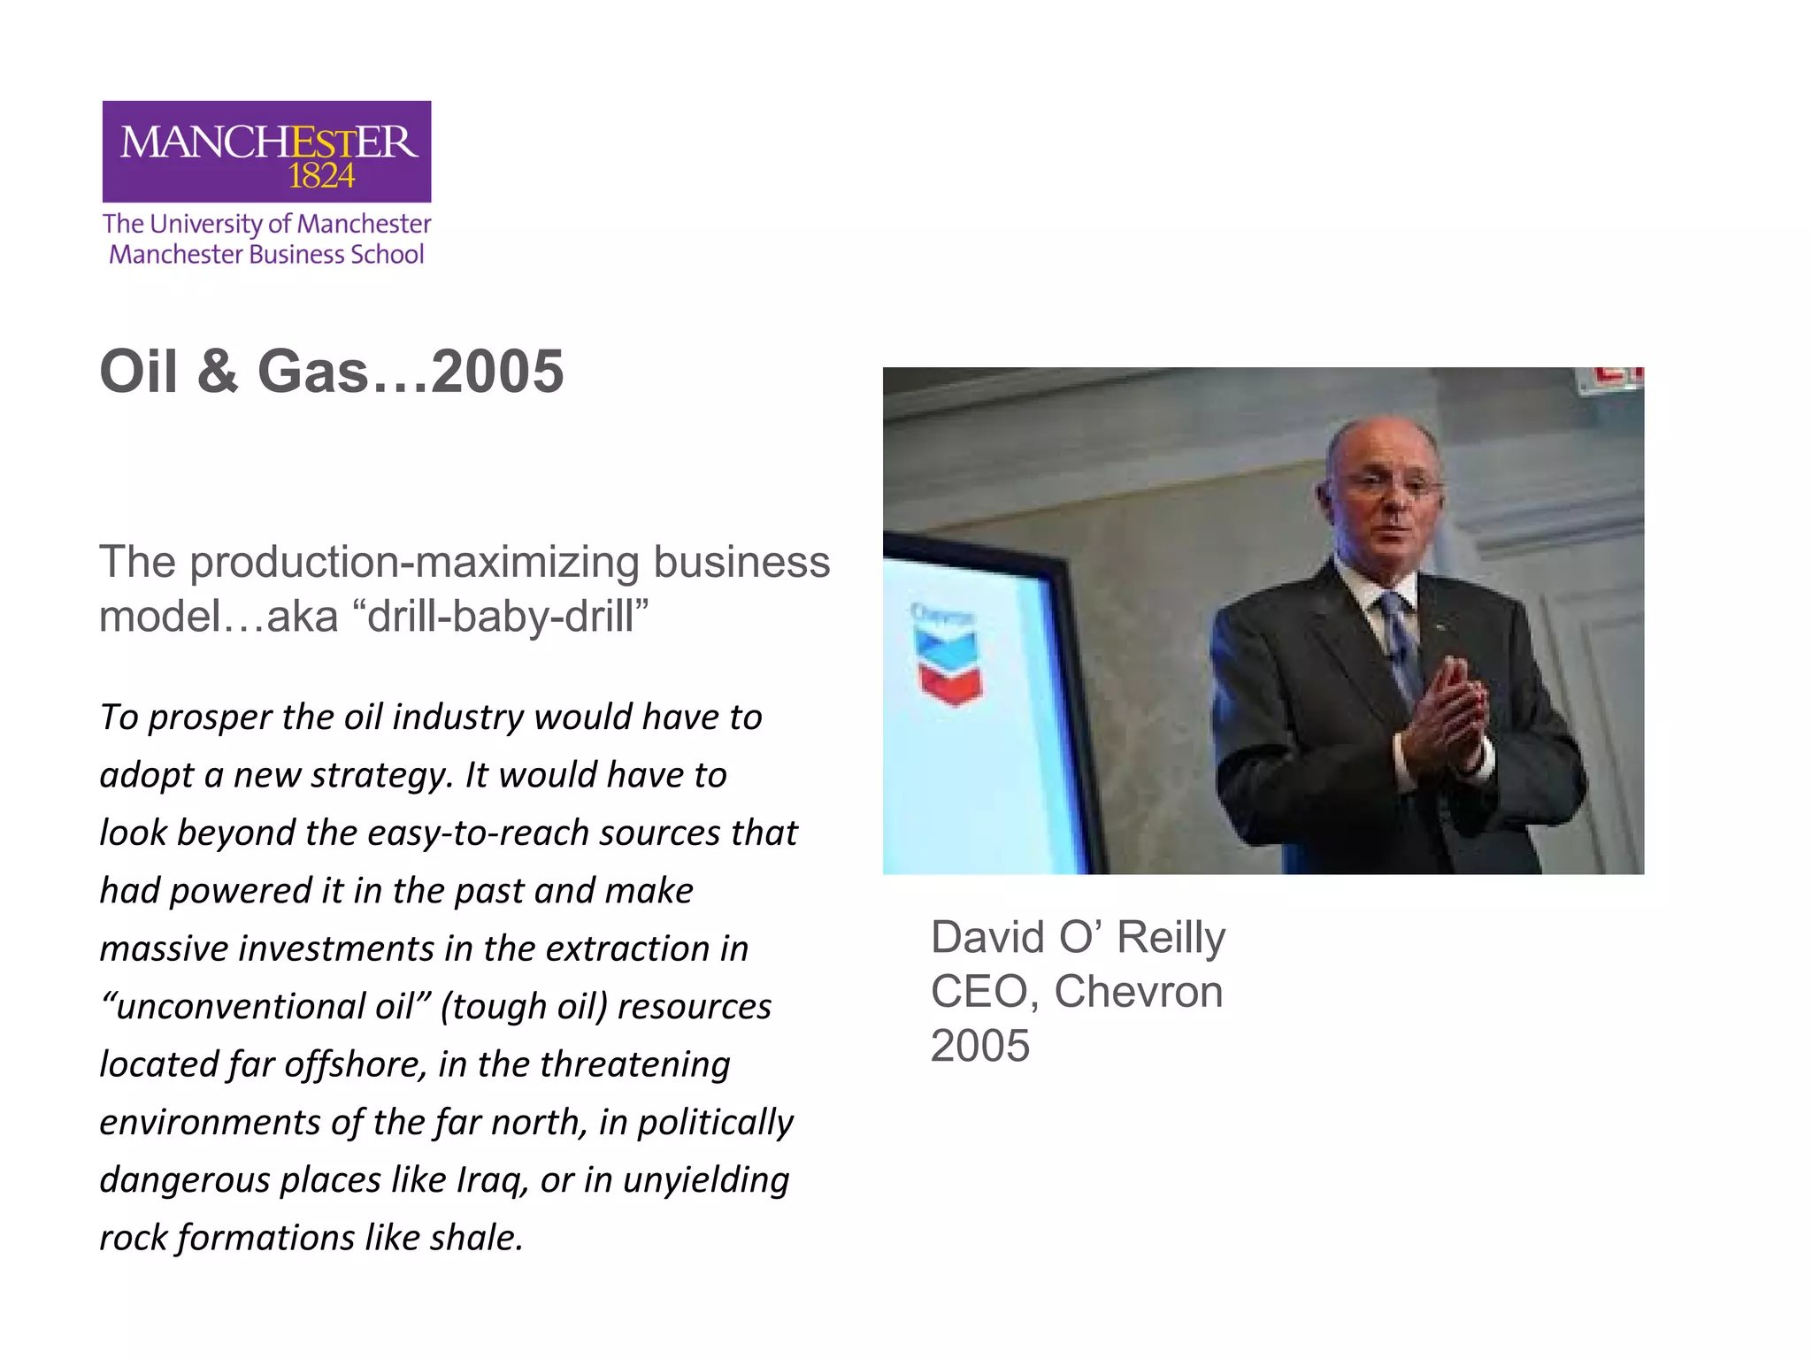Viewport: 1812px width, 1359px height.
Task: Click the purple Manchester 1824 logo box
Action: pyautogui.click(x=266, y=151)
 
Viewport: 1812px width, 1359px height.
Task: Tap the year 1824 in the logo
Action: pyautogui.click(x=321, y=177)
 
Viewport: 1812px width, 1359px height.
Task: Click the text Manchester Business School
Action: pyautogui.click(x=266, y=255)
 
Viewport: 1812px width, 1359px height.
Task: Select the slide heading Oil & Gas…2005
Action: pyautogui.click(x=331, y=371)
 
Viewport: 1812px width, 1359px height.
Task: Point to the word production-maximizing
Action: pyautogui.click(x=414, y=562)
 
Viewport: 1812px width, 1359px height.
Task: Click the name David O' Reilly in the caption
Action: pyautogui.click(x=1078, y=937)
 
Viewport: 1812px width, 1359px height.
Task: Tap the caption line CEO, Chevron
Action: pyautogui.click(x=1077, y=992)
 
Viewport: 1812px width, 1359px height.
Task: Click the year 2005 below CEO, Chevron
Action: pyautogui.click(x=980, y=1046)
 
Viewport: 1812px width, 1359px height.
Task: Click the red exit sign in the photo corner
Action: pyautogui.click(x=1615, y=379)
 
